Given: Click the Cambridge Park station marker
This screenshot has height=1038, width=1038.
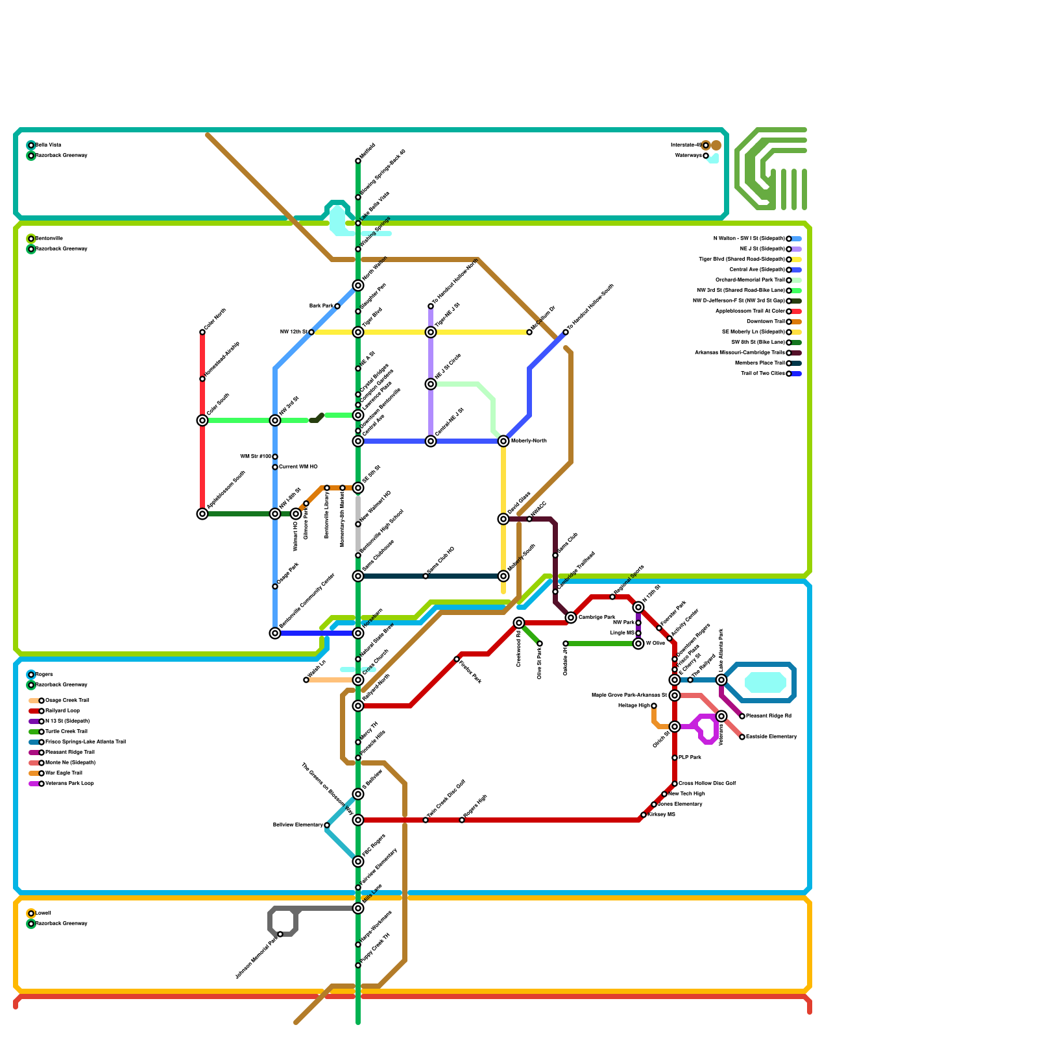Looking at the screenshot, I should [571, 618].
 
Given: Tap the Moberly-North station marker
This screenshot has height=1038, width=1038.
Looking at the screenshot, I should [503, 441].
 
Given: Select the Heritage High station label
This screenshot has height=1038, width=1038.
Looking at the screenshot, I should [634, 705].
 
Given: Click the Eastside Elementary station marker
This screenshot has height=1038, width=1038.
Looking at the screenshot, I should [742, 737].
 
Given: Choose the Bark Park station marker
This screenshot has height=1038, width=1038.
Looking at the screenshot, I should [337, 306].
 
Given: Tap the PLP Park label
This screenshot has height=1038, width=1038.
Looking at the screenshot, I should [690, 758].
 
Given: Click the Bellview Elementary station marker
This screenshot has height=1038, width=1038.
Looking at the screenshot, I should [327, 825].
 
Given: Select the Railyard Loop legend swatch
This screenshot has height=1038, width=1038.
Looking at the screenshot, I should [34, 711].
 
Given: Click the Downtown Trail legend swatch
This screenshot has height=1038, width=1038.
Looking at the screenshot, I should [797, 322].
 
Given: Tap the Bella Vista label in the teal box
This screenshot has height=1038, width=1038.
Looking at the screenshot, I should [49, 145].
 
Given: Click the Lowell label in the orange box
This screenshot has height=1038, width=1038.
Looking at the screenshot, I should [43, 913].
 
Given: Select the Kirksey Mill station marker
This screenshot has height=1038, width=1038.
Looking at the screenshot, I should [644, 815].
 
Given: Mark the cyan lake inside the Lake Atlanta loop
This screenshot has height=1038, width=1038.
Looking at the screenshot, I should [766, 682].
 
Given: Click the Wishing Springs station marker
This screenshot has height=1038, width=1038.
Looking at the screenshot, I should [358, 249].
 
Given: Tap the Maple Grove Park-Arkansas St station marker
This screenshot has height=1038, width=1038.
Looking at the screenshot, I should [675, 695].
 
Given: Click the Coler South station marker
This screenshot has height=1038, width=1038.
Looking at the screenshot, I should [202, 420].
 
